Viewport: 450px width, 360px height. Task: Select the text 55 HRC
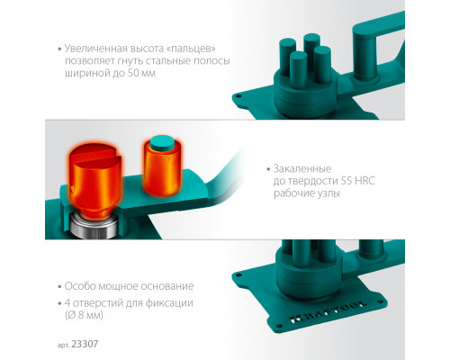pos(358,181)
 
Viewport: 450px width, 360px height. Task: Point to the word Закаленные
pos(302,169)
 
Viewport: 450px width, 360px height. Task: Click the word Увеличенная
pos(95,49)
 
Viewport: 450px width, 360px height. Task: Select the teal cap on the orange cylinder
pos(162,143)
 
